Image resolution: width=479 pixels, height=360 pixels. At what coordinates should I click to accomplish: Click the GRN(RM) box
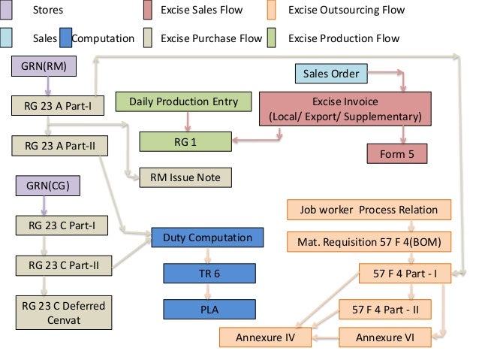(x=44, y=67)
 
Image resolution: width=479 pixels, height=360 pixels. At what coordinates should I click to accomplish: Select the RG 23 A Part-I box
(x=53, y=105)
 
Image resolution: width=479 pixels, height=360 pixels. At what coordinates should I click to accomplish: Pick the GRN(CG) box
(x=43, y=184)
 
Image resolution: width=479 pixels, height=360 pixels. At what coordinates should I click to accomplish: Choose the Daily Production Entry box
(x=183, y=101)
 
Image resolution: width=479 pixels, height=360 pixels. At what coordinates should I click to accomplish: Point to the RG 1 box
(x=183, y=140)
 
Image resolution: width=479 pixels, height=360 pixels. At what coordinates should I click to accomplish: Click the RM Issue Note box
(x=185, y=177)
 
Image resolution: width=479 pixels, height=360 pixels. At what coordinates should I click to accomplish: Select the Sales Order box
(x=331, y=74)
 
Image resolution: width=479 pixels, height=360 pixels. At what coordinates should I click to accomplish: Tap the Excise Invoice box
(x=345, y=110)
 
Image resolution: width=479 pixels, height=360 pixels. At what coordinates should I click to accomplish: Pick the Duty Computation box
(x=207, y=238)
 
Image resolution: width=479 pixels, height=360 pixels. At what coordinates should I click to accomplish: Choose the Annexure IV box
(x=265, y=337)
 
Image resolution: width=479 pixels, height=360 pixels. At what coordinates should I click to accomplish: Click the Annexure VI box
(x=387, y=337)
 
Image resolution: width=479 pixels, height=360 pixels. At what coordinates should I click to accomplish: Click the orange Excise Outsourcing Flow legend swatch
(x=273, y=11)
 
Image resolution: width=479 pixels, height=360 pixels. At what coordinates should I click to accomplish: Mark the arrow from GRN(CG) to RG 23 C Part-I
(x=43, y=204)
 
